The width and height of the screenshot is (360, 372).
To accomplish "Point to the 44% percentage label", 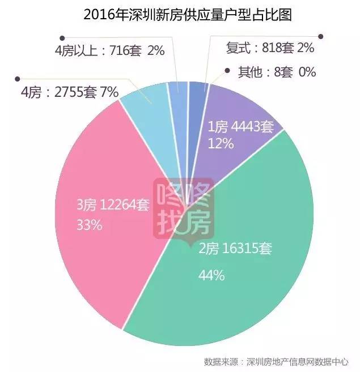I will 211,276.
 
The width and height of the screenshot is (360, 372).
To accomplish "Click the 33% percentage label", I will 89,225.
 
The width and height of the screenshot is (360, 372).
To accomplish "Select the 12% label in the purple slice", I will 221,143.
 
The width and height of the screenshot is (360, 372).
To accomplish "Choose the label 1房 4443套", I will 241,126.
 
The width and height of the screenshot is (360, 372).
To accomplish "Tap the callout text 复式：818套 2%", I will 270,48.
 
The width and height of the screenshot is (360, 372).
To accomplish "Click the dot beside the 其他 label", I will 227,71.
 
